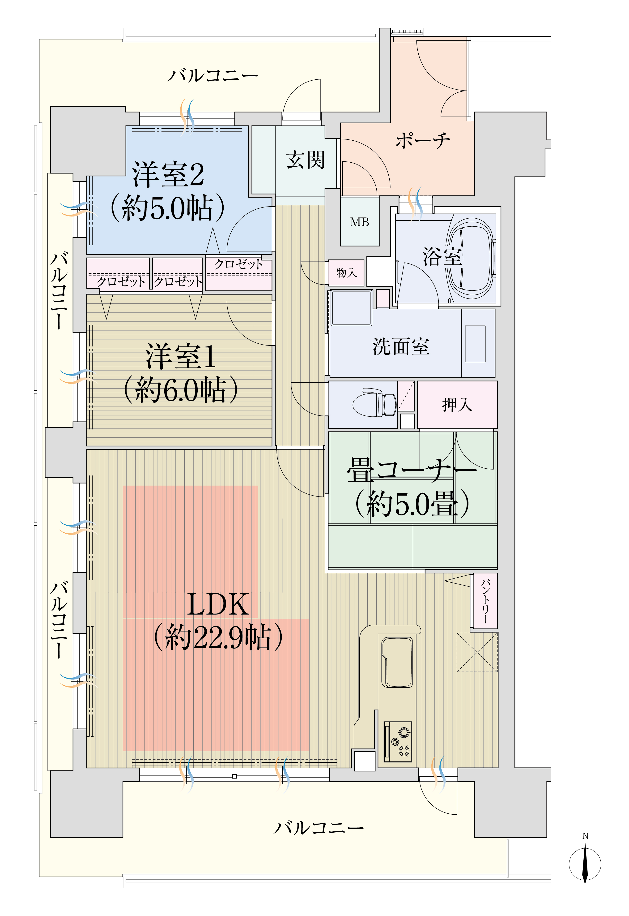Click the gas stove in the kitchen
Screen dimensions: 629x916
[398, 742]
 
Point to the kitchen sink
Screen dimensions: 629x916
[397, 662]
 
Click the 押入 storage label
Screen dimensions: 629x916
[457, 404]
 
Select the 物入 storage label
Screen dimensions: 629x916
[346, 272]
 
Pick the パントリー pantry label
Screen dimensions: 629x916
[485, 601]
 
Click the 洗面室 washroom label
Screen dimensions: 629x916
[401, 346]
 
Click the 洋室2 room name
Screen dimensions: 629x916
[168, 174]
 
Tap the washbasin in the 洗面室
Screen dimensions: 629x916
[475, 344]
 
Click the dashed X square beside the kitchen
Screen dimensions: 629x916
[477, 652]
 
